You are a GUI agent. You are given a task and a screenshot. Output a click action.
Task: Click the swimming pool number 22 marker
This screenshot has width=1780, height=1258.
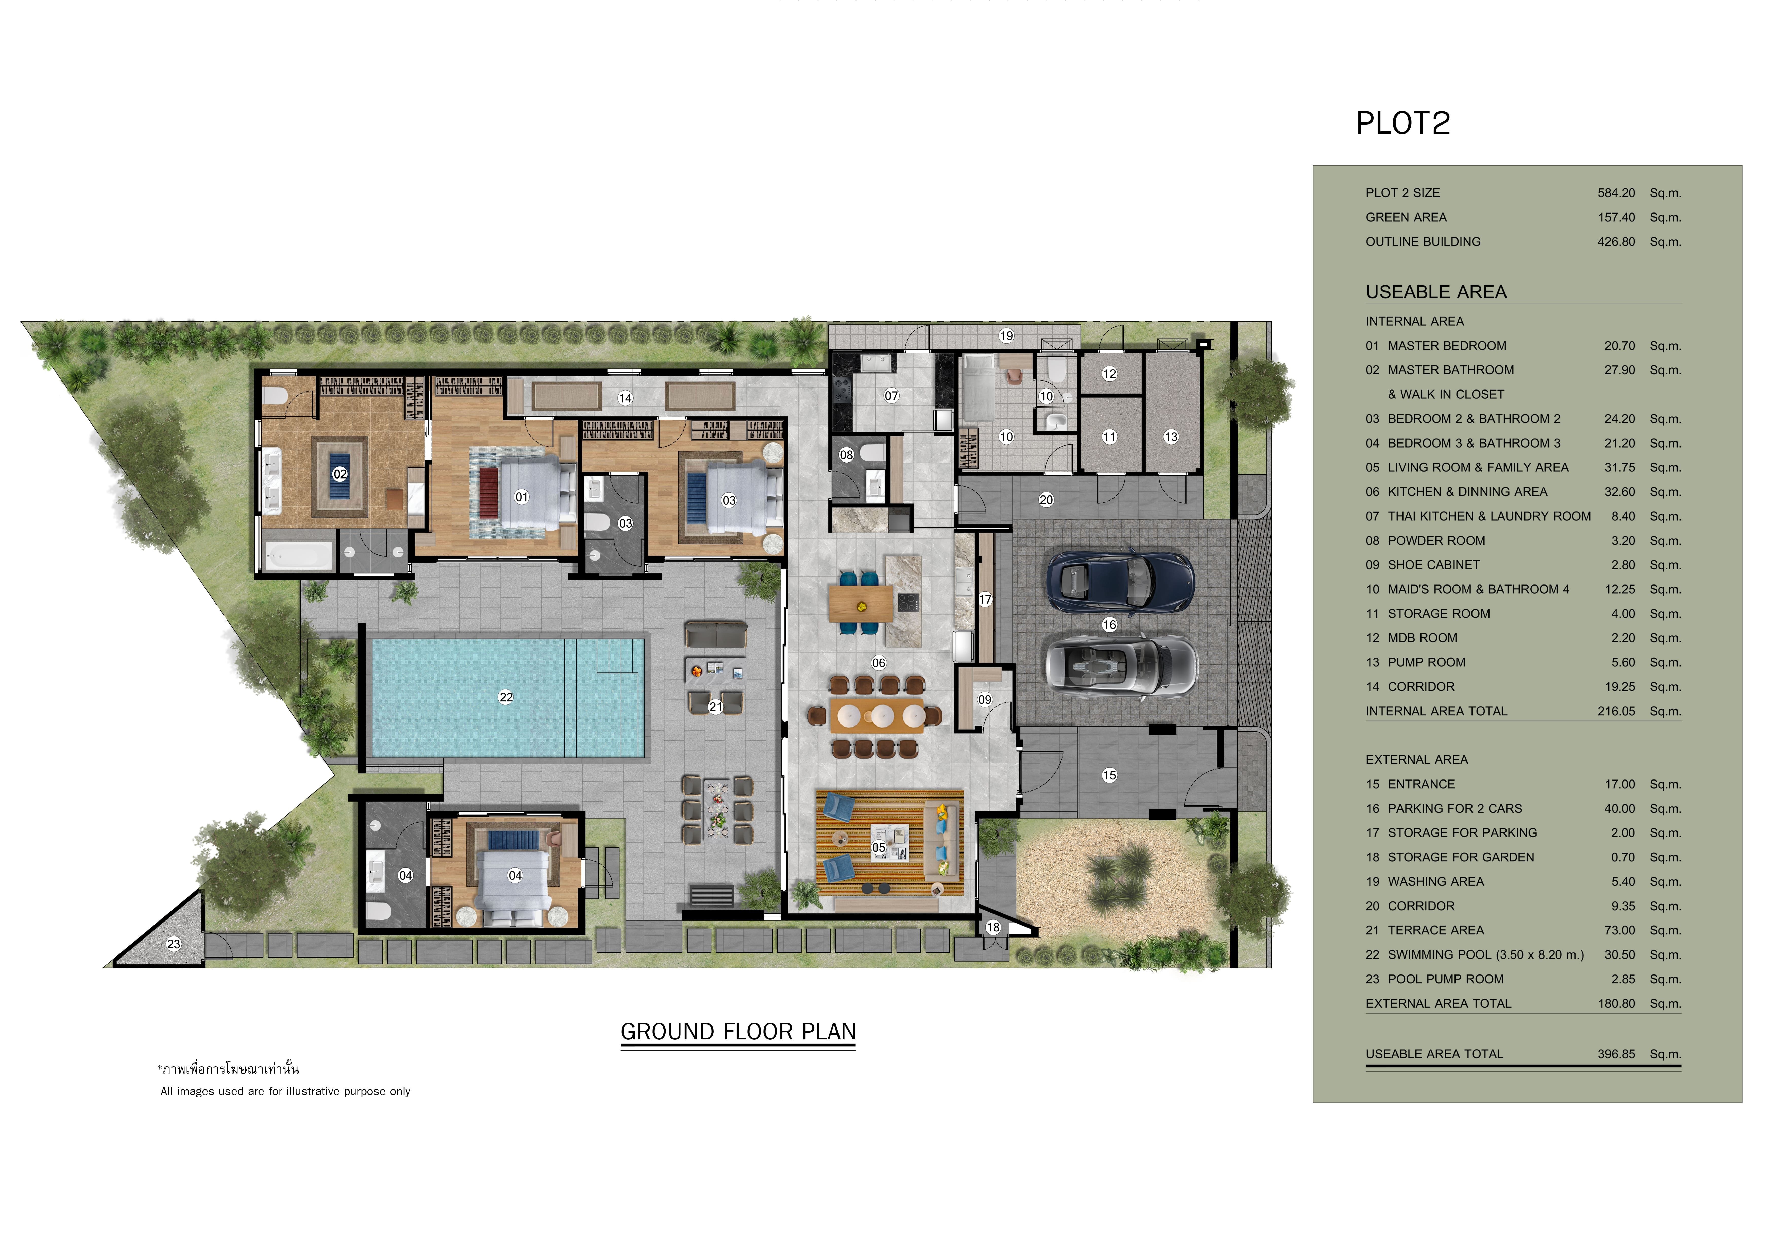coord(505,697)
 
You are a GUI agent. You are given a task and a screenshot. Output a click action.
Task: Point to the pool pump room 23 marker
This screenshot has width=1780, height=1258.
coord(174,943)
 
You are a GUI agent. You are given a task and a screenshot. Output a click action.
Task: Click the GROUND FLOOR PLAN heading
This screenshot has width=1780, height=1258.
coord(738,1032)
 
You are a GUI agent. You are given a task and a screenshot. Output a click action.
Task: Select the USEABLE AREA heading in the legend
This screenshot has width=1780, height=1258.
coord(1436,292)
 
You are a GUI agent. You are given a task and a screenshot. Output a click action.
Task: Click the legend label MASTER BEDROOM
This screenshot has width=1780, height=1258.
coord(1447,346)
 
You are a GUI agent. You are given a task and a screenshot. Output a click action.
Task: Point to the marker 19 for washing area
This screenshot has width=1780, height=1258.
coord(1006,336)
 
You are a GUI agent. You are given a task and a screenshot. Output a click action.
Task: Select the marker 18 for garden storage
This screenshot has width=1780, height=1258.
coord(993,927)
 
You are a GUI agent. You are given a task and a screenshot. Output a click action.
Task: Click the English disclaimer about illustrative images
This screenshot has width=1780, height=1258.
coord(285,1091)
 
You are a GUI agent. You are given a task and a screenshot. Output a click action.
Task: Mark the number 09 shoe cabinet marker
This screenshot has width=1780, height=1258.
coord(985,699)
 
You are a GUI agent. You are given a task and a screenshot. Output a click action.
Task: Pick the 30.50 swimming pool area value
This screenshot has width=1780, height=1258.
coord(1619,955)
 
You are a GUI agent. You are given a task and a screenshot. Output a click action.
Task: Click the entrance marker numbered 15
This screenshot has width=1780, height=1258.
coord(1109,775)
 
